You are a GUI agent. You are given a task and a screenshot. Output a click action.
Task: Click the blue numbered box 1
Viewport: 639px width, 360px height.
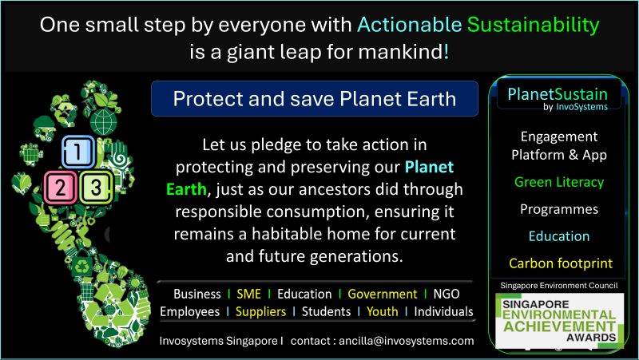click(78, 152)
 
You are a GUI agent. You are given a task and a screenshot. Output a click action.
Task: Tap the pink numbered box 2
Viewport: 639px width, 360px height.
click(61, 188)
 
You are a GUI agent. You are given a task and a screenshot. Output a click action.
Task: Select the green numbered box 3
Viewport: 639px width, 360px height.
click(96, 188)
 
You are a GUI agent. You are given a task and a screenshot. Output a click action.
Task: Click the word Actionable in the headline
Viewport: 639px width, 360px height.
click(409, 26)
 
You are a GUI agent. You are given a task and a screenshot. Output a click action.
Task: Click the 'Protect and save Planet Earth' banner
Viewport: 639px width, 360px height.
click(315, 98)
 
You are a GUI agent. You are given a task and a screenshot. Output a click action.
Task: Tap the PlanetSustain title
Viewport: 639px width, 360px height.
click(557, 94)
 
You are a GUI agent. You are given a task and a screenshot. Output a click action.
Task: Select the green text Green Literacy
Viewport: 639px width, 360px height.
click(558, 183)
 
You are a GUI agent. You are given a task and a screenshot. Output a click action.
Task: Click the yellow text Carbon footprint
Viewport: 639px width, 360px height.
click(561, 263)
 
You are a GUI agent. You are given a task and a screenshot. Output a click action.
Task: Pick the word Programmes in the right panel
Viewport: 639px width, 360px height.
click(559, 209)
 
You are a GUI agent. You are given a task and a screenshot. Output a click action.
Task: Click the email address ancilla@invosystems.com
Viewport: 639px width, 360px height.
click(407, 341)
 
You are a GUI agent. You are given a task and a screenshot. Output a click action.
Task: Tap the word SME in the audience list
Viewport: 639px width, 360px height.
click(248, 294)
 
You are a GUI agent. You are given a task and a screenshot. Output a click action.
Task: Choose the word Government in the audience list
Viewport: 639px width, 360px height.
click(383, 294)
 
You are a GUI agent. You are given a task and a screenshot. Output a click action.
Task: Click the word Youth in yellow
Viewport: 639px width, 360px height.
click(383, 311)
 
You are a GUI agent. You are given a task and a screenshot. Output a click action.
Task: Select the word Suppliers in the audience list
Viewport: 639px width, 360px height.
click(261, 312)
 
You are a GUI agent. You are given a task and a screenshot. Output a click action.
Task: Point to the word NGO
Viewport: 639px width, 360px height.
click(447, 294)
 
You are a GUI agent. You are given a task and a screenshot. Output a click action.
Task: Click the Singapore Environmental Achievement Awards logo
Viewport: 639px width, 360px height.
click(559, 321)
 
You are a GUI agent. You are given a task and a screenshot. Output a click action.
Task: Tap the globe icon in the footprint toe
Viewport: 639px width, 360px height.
click(104, 121)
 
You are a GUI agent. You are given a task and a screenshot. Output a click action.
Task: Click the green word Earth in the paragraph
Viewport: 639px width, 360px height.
click(186, 189)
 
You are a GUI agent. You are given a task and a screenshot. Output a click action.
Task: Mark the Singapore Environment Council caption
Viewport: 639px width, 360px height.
click(558, 286)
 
